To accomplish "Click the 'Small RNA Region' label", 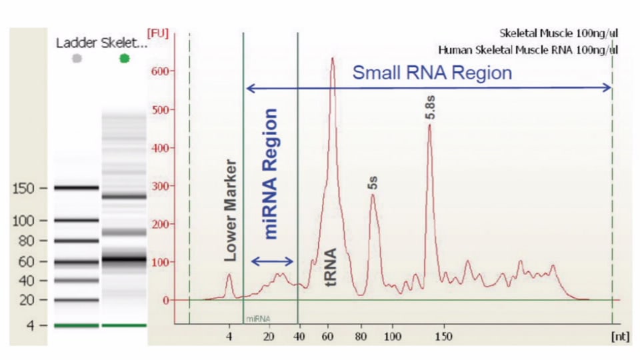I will coord(432,73).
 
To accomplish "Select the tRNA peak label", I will coord(331,267).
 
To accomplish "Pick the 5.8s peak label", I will coord(431,107).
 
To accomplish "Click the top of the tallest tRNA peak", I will coord(332,59).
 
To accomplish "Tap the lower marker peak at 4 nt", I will coord(229,275).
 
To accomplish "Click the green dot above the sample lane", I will coord(124,59).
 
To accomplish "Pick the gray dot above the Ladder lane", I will coord(77,59).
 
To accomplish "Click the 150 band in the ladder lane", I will coord(76,188).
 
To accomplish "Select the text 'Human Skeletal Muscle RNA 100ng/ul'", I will coord(528,50).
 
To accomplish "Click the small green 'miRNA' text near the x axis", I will coord(257,319).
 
